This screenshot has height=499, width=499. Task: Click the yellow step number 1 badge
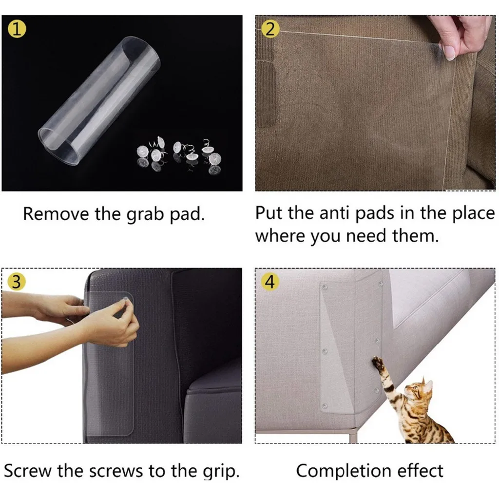pos(18,29)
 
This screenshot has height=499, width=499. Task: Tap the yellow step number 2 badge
pos(269,29)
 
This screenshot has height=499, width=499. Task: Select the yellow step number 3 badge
pos(17,283)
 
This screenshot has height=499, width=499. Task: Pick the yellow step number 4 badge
pos(269,283)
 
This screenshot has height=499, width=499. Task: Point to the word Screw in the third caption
pos(28,471)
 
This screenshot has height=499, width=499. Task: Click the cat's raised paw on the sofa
pos(377,362)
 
